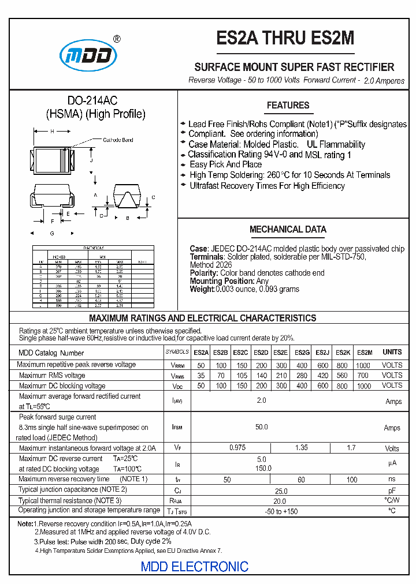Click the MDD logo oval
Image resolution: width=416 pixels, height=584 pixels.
pos(89,55)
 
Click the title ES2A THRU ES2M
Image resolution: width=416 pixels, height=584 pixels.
pos(285,39)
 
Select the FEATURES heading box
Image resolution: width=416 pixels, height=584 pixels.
pos(288,106)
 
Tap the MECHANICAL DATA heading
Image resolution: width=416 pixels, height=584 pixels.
pos(288,229)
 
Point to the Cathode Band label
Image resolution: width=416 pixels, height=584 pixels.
pos(118,140)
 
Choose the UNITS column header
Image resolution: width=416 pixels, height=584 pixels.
pos(392,352)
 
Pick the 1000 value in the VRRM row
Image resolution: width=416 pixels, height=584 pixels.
pos(363,365)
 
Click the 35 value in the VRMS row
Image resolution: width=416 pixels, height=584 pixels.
pos(201,376)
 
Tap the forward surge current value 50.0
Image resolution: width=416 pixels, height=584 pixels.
pos(262,427)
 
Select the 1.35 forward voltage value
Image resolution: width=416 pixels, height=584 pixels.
pos(302,448)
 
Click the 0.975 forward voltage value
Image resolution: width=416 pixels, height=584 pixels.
pos(237,448)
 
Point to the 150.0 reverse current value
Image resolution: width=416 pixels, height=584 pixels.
pos(263,469)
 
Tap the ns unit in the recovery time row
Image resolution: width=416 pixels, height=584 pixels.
pos(392,480)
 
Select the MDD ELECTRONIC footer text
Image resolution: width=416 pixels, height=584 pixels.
pos(195,567)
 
